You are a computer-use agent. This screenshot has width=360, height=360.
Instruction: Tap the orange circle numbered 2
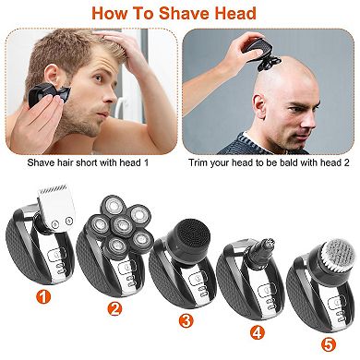pyautogui.click(x=115, y=308)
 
